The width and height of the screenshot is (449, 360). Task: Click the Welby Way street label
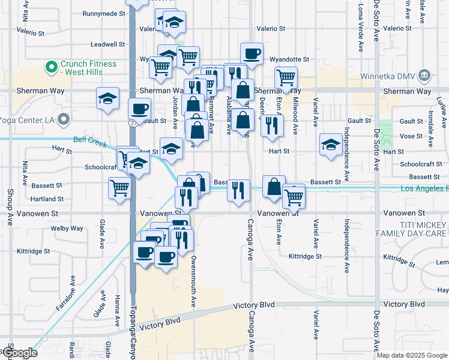pos(67,228)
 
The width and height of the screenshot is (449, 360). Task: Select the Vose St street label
pos(411,136)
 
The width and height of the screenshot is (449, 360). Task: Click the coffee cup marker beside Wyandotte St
pos(252,54)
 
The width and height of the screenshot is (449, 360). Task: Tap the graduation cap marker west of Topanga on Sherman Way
pos(107,98)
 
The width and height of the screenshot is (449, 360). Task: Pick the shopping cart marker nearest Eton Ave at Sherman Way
pos(286,77)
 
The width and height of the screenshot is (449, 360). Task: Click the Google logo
pos(19,353)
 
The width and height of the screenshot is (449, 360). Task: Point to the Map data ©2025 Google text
pos(411,355)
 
